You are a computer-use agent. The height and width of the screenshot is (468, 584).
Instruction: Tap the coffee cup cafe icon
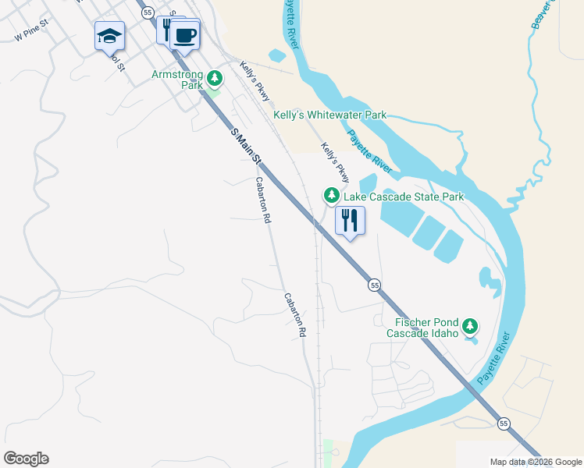(185, 34)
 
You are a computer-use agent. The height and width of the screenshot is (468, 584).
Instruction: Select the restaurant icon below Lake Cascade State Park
(350, 221)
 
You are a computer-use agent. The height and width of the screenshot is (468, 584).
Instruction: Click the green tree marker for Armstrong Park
(215, 78)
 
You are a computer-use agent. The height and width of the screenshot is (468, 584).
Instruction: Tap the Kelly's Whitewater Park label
(329, 115)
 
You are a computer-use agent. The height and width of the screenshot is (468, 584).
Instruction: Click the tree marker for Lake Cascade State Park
(332, 195)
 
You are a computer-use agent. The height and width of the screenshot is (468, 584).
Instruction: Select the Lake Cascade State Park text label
(404, 197)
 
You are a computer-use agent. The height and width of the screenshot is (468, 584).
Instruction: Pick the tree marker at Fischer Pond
(469, 325)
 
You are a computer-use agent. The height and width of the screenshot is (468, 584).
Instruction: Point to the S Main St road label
(247, 148)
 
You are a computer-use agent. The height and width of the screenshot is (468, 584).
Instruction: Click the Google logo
(26, 459)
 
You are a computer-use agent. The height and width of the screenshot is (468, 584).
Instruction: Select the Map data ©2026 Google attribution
(536, 462)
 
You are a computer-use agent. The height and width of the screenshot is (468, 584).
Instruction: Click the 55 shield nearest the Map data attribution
(504, 423)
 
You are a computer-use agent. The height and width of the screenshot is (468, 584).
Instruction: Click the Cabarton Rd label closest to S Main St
(262, 200)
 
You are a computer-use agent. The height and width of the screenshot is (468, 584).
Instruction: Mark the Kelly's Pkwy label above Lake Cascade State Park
(334, 158)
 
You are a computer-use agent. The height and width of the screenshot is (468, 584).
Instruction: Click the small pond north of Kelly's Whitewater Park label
(277, 55)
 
